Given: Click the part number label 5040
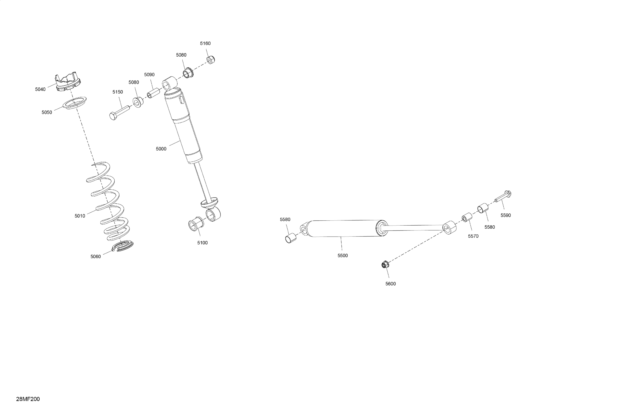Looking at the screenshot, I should coord(40,89).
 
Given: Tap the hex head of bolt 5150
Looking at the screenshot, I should coord(113,116).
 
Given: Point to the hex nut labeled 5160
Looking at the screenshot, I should coord(211,60).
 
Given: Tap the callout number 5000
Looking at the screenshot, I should coord(161,149).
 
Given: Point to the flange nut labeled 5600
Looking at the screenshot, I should coord(385,265).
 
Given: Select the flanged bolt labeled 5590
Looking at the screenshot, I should coord(503,196).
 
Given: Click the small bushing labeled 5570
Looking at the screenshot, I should coord(467,217).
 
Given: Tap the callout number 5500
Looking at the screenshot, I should coord(343,256).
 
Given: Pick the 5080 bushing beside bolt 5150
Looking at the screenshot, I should coord(138,102).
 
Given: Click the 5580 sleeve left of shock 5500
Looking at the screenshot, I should coord(290,238).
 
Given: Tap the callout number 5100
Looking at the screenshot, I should coord(202,243).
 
